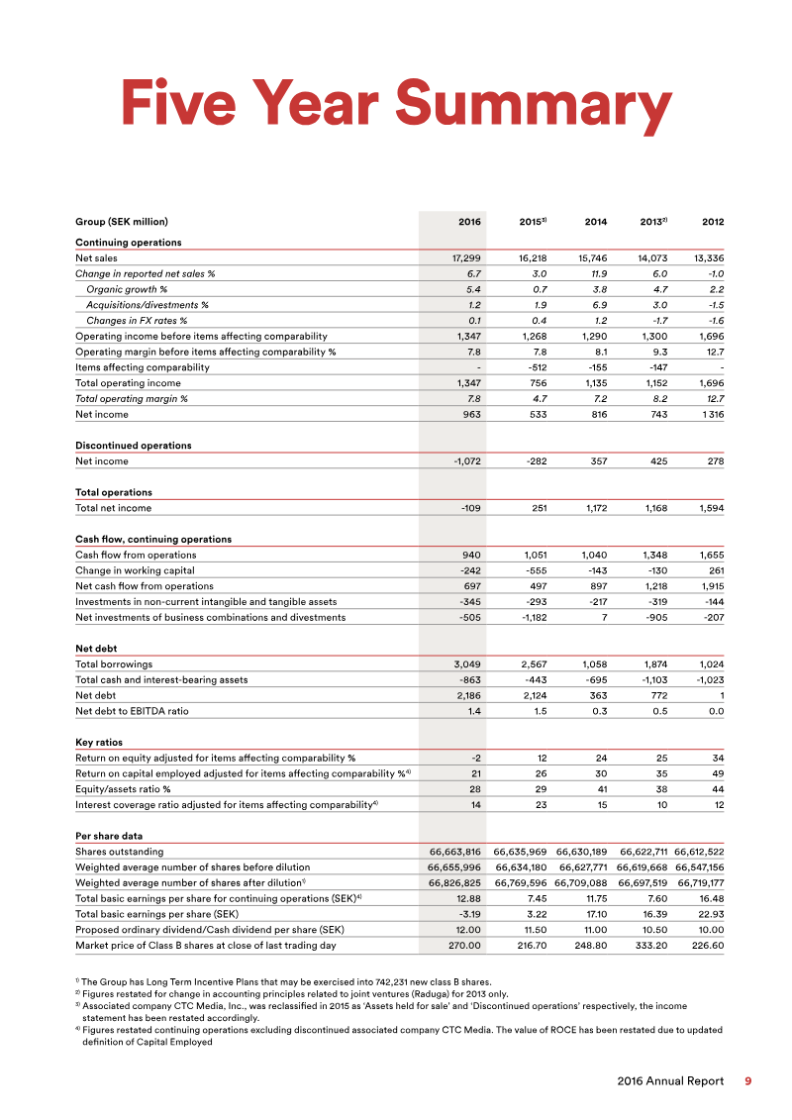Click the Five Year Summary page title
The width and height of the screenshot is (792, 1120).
(396, 103)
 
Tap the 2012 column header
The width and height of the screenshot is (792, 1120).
(713, 222)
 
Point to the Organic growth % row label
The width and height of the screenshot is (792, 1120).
(126, 289)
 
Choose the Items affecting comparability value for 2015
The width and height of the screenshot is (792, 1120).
(534, 367)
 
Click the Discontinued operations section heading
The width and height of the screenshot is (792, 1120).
(134, 446)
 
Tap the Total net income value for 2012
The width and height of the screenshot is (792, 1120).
(709, 508)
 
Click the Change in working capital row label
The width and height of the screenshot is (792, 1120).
(135, 570)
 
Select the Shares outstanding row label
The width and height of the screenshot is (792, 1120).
(120, 852)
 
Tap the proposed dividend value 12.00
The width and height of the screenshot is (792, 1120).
(464, 930)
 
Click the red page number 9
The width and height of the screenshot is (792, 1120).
(747, 1081)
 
